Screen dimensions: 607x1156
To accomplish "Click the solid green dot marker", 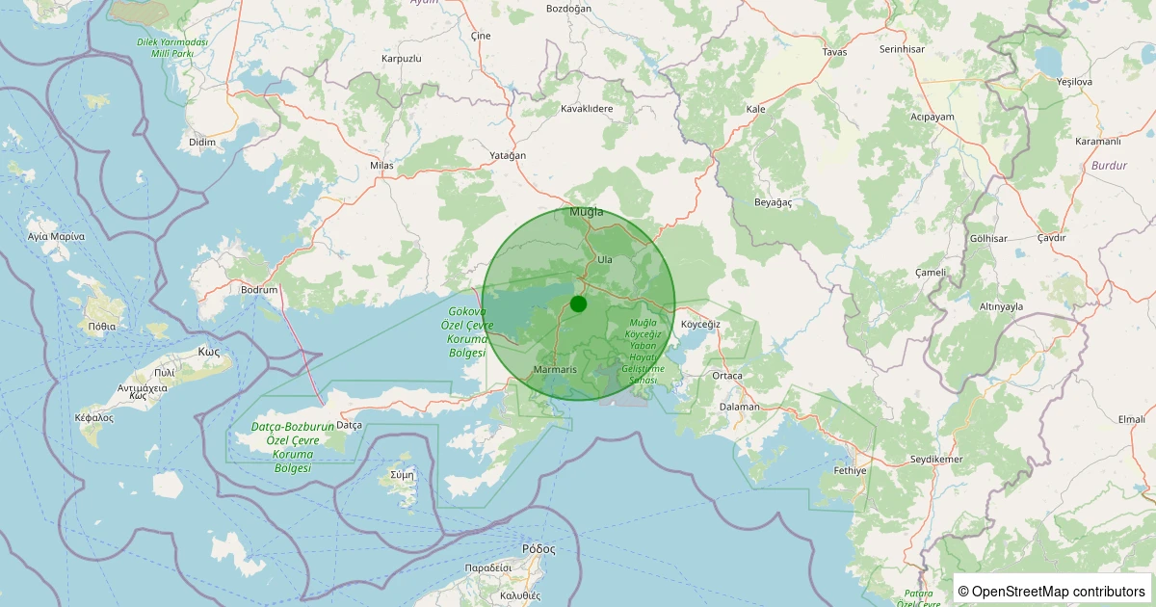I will tap(578, 304).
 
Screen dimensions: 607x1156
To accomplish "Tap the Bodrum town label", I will tap(259, 289).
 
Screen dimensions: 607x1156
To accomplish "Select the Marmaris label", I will tap(554, 370).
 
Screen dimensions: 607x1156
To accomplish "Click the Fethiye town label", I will tap(850, 471).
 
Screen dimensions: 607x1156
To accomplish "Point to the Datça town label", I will tap(349, 425).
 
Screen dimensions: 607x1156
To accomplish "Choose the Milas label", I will tap(382, 166).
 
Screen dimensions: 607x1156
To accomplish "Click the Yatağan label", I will tap(509, 156).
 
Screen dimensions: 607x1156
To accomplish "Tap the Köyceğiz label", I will tap(700, 325).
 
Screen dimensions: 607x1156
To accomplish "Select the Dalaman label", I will tap(739, 407).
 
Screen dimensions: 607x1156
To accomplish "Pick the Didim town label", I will tap(202, 142).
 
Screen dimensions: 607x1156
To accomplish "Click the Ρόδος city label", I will tap(539, 548).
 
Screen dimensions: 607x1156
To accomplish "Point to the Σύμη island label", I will tap(402, 475).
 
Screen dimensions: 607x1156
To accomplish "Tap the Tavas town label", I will tap(834, 52).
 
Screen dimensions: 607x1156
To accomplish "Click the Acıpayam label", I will tap(932, 117).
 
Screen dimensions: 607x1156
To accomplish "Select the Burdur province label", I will tap(1109, 166).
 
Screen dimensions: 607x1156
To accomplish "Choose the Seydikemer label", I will tap(936, 460).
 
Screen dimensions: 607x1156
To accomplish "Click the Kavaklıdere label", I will tap(587, 109).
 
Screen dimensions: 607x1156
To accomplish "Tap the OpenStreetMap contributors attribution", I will tap(1053, 591).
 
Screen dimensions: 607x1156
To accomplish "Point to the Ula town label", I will tap(605, 260).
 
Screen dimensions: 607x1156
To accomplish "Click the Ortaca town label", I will tap(727, 375).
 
